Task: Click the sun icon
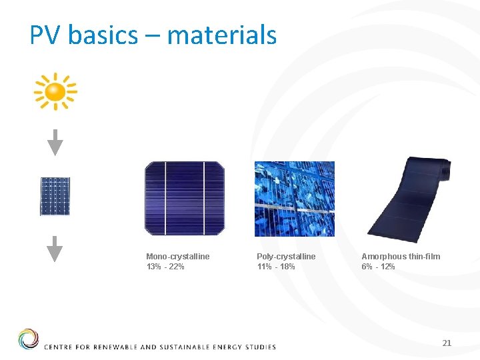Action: tap(55, 91)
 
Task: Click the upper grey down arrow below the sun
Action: tap(55, 143)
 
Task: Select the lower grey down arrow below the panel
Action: tap(55, 249)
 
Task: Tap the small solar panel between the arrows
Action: tap(55, 196)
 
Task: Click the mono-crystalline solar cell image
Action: tap(185, 199)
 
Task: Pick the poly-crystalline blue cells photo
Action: tap(294, 199)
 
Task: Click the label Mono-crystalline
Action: tap(177, 257)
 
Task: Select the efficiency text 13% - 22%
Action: tap(165, 267)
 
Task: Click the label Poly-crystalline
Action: tap(286, 257)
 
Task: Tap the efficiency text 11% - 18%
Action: tap(275, 267)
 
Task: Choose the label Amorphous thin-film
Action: tap(401, 257)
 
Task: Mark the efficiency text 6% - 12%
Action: tap(378, 267)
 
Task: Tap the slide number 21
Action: tap(447, 343)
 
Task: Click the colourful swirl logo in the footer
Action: tap(29, 339)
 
